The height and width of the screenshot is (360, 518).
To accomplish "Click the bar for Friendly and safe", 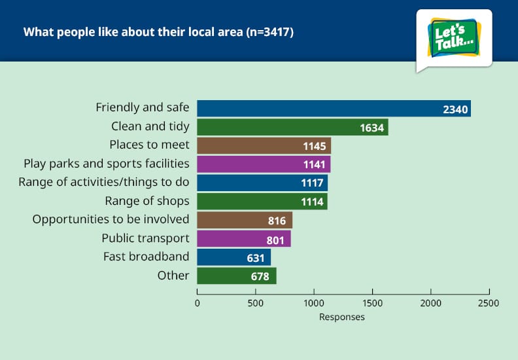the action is tap(334, 109).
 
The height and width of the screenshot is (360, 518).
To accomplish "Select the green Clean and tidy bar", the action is tap(293, 127).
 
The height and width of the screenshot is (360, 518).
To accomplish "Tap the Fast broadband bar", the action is tap(234, 257).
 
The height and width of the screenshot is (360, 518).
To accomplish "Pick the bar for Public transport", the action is tap(244, 239).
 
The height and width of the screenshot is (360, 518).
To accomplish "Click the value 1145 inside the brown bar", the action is tap(315, 146).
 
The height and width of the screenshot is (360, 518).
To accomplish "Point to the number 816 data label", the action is tap(277, 221).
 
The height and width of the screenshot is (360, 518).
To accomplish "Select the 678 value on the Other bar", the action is tap(260, 276).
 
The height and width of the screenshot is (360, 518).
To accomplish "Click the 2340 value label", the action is tap(455, 109).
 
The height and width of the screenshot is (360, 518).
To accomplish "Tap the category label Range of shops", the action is tap(147, 201).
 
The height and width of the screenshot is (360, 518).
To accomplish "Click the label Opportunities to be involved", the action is tap(111, 219).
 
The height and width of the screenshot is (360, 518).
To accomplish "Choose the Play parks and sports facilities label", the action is tap(107, 164).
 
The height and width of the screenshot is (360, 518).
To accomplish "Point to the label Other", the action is tap(173, 276).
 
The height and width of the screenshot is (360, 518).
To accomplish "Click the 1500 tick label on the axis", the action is tap(372, 303).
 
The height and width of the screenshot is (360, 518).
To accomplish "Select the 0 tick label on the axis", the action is tap(198, 303).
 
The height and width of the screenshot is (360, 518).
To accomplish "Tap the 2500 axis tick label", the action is tap(489, 303).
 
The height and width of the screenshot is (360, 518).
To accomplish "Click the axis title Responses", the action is tap(342, 317).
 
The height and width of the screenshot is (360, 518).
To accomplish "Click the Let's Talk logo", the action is tap(455, 39).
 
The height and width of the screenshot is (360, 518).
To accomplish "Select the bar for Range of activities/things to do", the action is tap(262, 183).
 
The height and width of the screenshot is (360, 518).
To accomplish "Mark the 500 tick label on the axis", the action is tap(255, 303).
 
